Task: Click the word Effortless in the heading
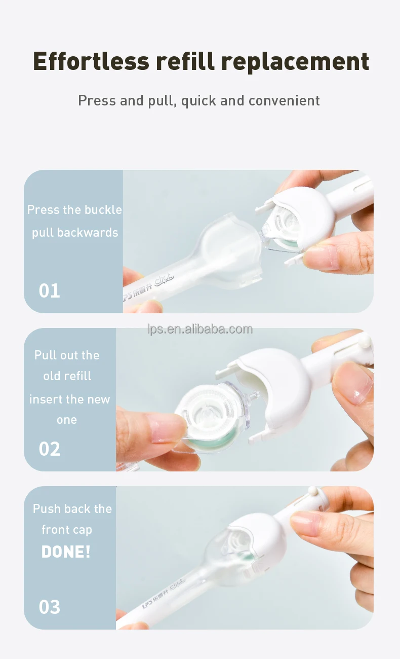pyautogui.click(x=91, y=61)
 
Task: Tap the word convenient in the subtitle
pyautogui.click(x=284, y=100)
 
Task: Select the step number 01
pyautogui.click(x=50, y=290)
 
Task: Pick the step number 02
pyautogui.click(x=50, y=449)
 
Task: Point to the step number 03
pyautogui.click(x=50, y=607)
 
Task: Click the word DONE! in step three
pyautogui.click(x=66, y=552)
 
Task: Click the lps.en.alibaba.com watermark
pyautogui.click(x=200, y=329)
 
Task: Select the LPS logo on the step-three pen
pyautogui.click(x=148, y=604)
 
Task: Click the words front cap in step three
pyautogui.click(x=67, y=530)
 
